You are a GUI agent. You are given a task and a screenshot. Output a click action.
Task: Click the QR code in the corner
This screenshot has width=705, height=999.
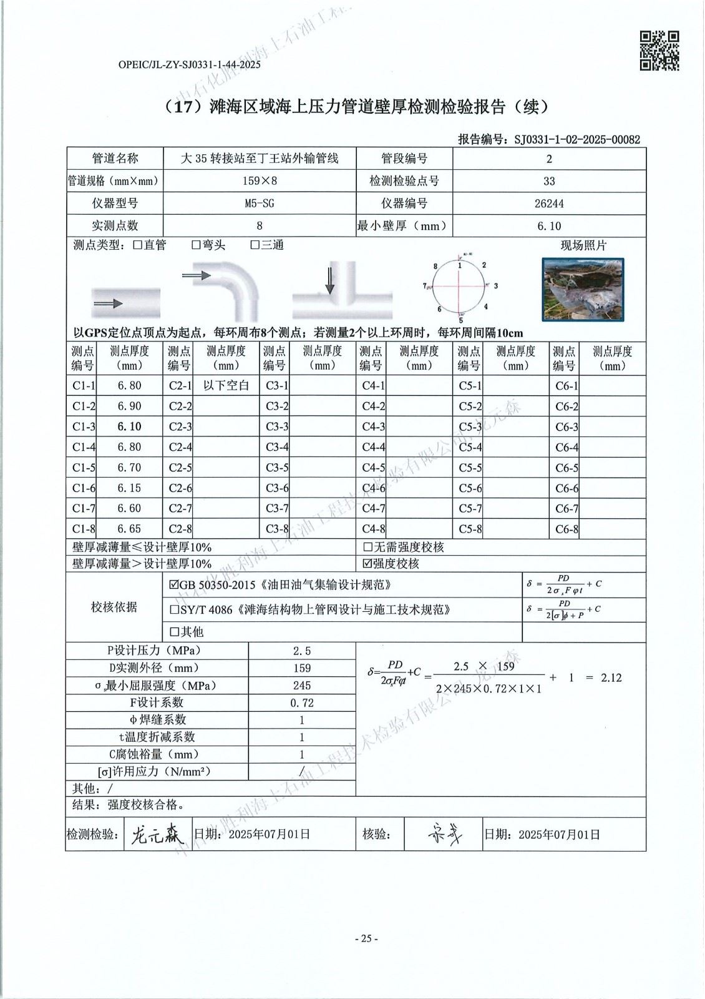tap(660, 51)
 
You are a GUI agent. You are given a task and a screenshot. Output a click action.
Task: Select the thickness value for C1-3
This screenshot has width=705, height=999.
tap(130, 426)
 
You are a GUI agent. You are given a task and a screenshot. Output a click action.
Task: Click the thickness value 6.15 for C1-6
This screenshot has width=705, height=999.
tap(130, 488)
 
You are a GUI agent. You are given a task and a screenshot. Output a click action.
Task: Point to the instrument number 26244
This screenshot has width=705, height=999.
tap(549, 204)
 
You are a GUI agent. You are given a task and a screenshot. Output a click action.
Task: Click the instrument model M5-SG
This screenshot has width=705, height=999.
tap(260, 204)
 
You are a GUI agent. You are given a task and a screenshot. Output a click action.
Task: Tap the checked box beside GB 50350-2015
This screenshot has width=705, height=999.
tap(174, 586)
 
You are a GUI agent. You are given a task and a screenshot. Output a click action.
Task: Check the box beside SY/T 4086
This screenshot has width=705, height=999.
tap(174, 609)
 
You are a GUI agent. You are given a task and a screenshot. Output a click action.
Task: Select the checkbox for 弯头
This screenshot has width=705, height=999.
tap(196, 245)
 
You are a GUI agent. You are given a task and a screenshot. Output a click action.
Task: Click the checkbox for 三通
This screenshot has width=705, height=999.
tap(255, 245)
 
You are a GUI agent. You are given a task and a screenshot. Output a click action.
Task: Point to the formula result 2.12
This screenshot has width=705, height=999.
tap(611, 677)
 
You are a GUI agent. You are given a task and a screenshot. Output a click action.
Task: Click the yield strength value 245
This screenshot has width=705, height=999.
tap(303, 686)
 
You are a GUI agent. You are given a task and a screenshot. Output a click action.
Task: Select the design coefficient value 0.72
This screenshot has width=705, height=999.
tap(303, 702)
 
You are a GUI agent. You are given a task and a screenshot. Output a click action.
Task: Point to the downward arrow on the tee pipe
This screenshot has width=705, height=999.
tap(329, 280)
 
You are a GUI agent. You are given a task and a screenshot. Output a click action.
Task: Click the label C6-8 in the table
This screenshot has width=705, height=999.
tap(566, 530)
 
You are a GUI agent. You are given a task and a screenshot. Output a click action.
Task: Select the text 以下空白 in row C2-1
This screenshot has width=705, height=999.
tap(226, 386)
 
